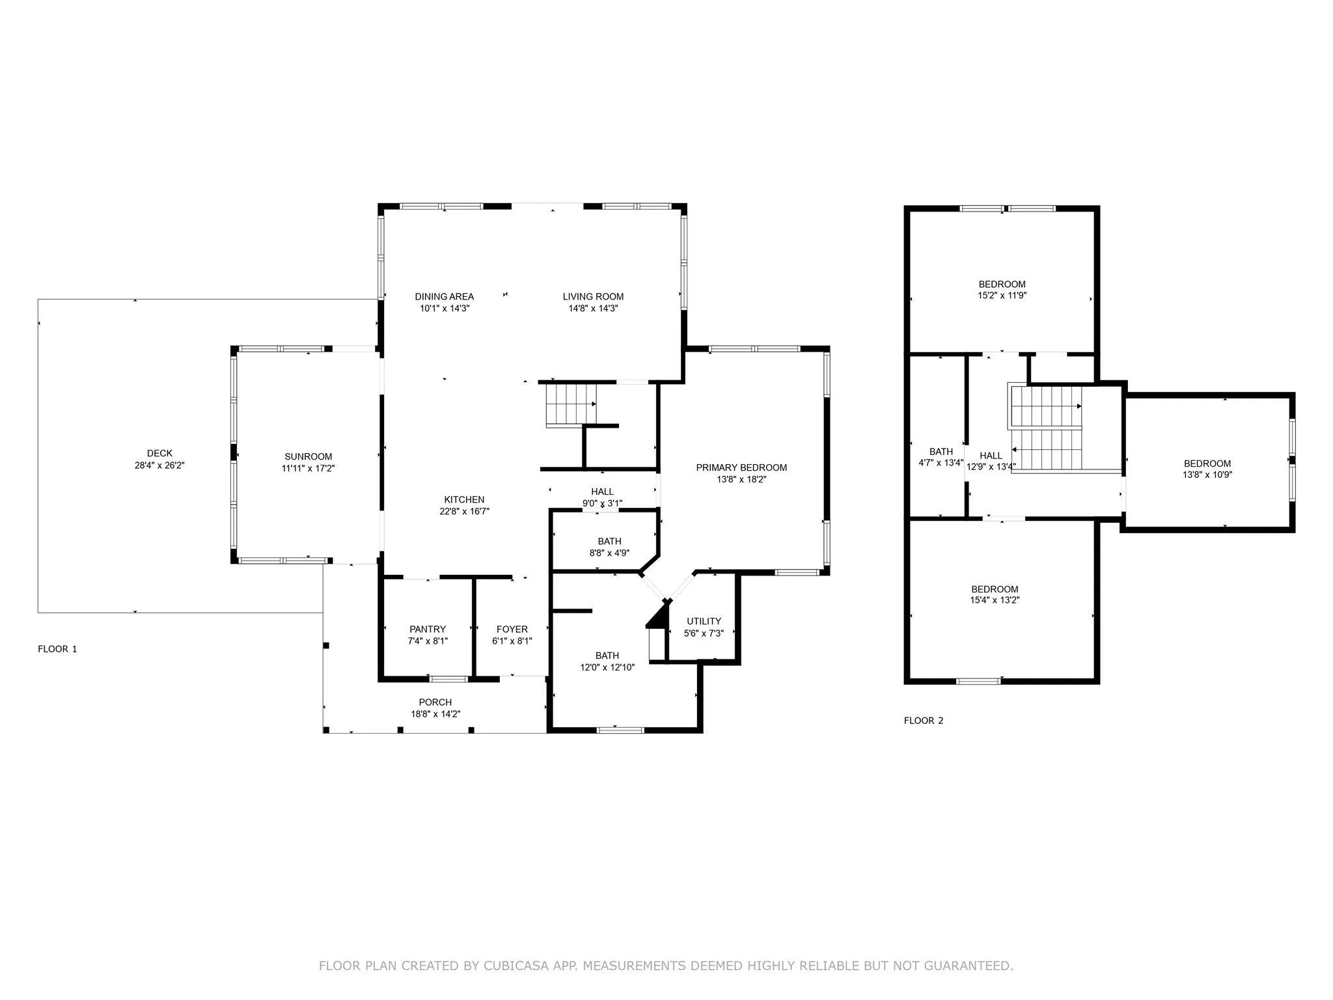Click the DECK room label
(x=159, y=453)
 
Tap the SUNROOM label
(x=309, y=456)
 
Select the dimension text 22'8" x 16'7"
(x=464, y=512)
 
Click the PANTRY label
(x=428, y=629)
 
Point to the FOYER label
(x=512, y=629)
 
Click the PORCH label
(x=435, y=702)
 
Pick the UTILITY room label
(x=704, y=621)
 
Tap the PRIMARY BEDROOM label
(x=741, y=467)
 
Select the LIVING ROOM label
(x=593, y=297)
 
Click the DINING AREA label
(x=445, y=297)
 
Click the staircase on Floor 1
(x=571, y=405)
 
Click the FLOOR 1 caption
(x=57, y=649)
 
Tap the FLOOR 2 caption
(x=924, y=720)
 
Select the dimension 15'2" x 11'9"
(x=1002, y=296)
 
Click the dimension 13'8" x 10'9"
(x=1207, y=475)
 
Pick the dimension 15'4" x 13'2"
(x=995, y=600)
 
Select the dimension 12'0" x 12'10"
(x=607, y=667)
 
